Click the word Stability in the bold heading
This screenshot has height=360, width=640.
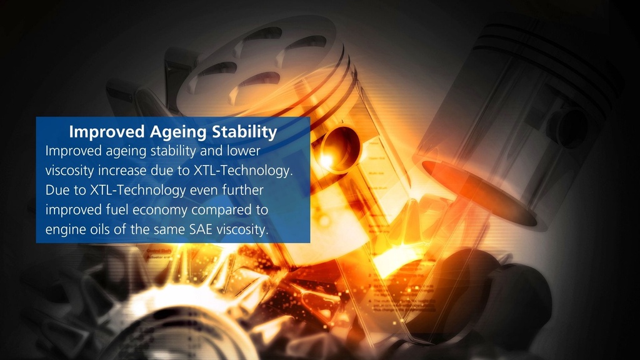tap(244, 132)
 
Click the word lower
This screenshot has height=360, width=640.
tap(244, 151)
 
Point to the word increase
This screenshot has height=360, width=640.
tap(122, 171)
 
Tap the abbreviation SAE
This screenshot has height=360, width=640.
tap(201, 229)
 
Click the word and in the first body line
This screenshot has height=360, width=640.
tap(211, 151)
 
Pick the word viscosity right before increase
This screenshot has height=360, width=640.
tap(70, 171)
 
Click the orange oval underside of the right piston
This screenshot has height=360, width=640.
tap(478, 192)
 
